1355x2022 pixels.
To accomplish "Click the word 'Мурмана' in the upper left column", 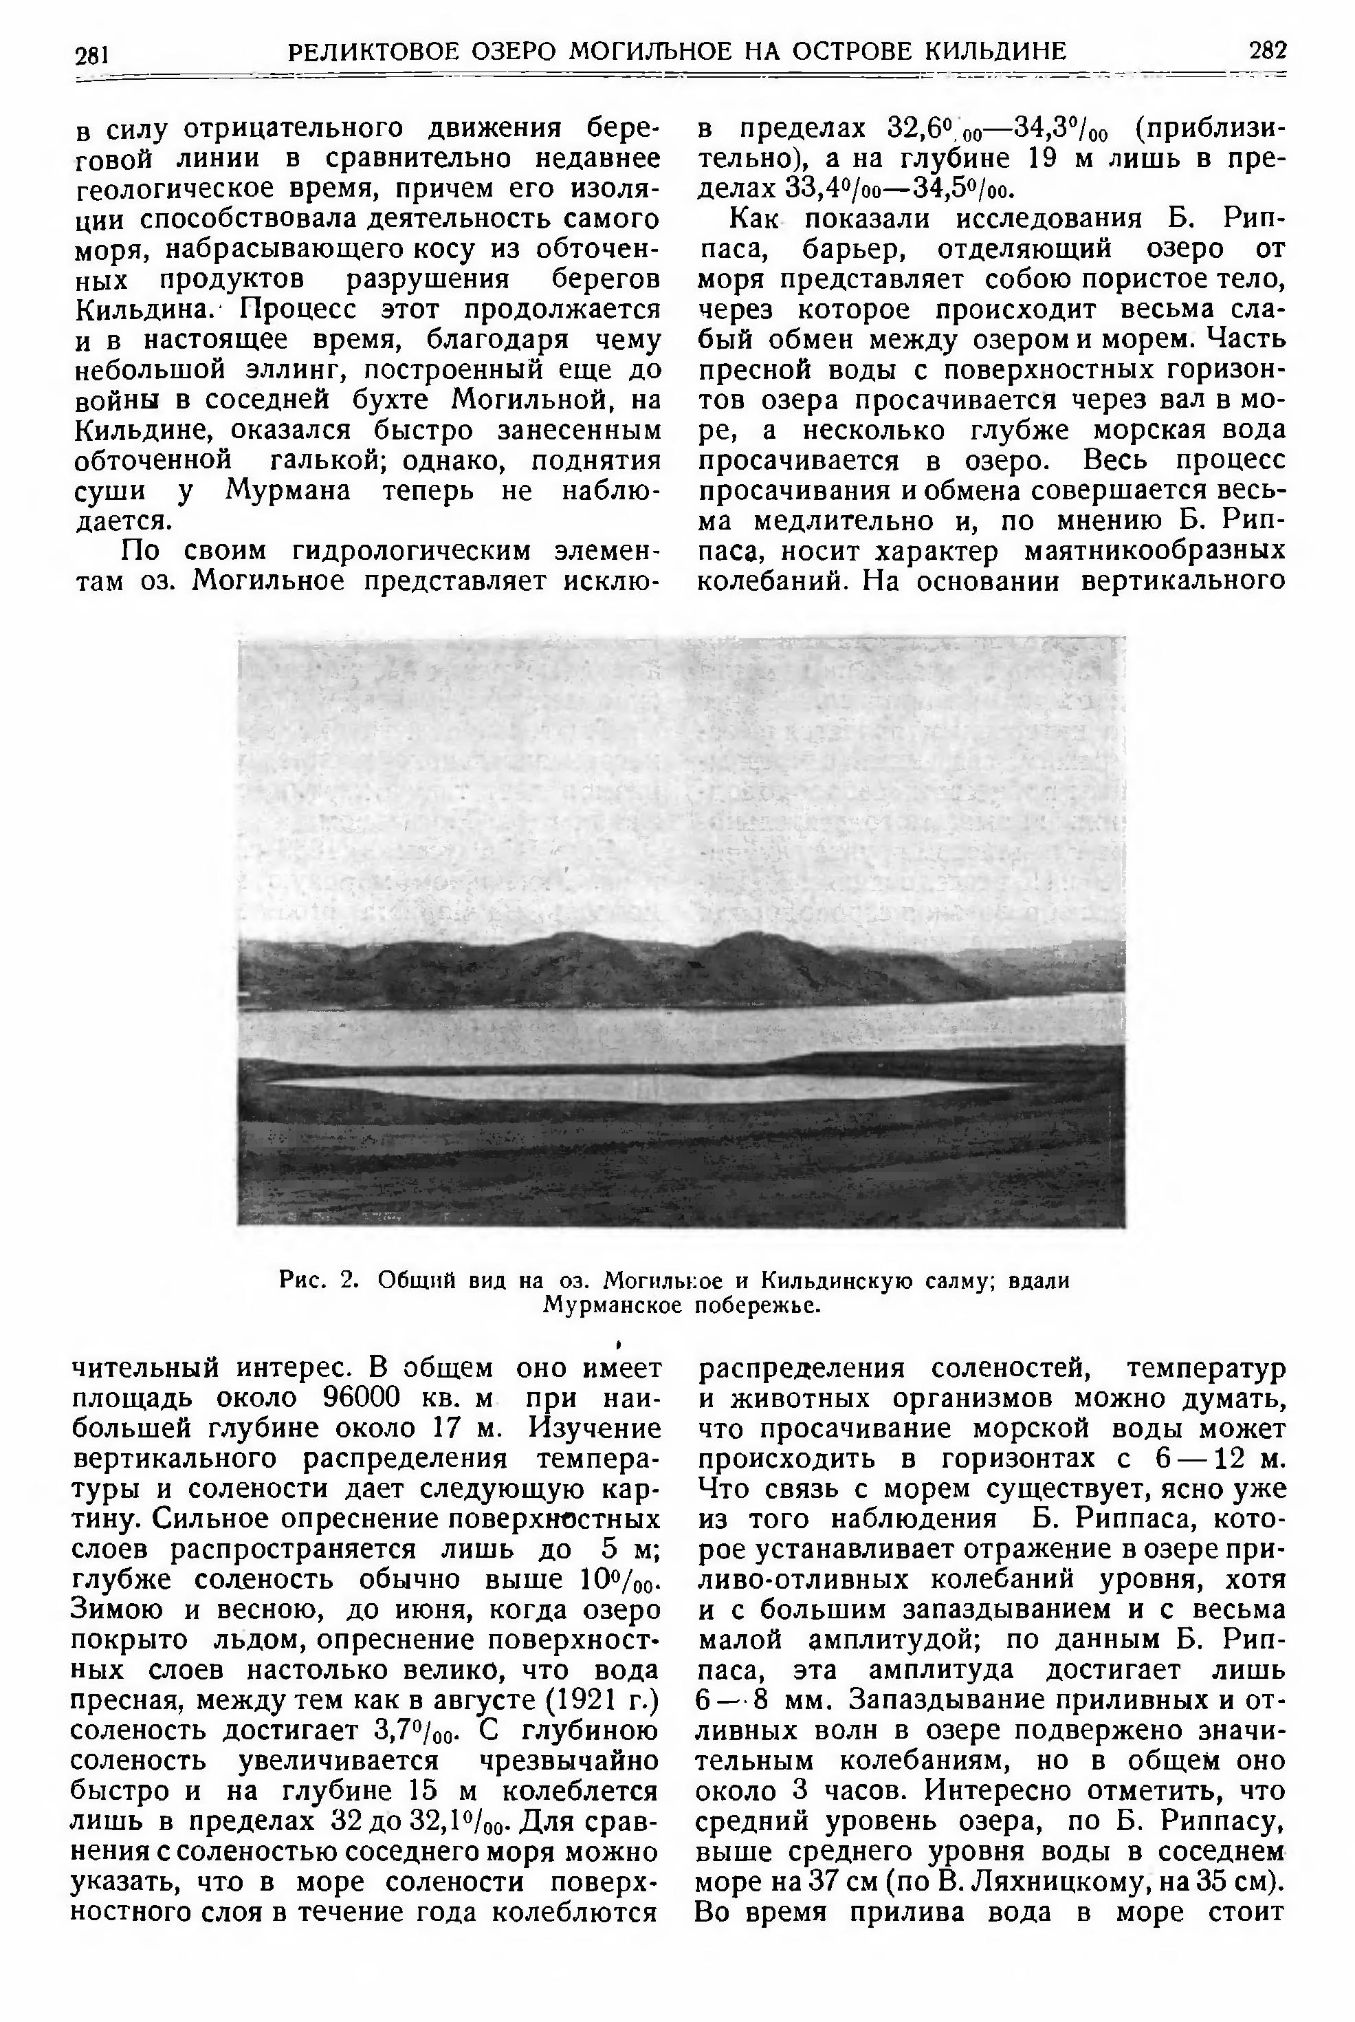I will [288, 491].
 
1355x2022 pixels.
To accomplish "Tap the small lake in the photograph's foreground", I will [639, 1087].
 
